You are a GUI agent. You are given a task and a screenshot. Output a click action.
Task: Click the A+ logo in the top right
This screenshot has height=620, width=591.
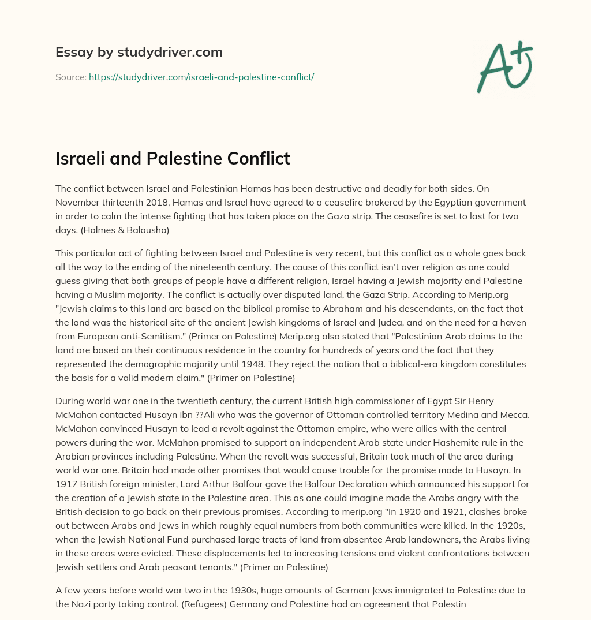click(x=504, y=66)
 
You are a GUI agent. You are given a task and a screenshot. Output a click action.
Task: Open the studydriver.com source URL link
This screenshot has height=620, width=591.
click(x=201, y=77)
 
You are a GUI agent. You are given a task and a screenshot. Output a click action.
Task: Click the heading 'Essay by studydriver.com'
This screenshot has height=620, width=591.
click(x=139, y=52)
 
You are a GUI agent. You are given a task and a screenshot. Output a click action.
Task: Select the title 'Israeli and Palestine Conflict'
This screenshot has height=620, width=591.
click(x=173, y=158)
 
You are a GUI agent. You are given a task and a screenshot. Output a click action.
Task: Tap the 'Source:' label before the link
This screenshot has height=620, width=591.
click(x=70, y=77)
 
